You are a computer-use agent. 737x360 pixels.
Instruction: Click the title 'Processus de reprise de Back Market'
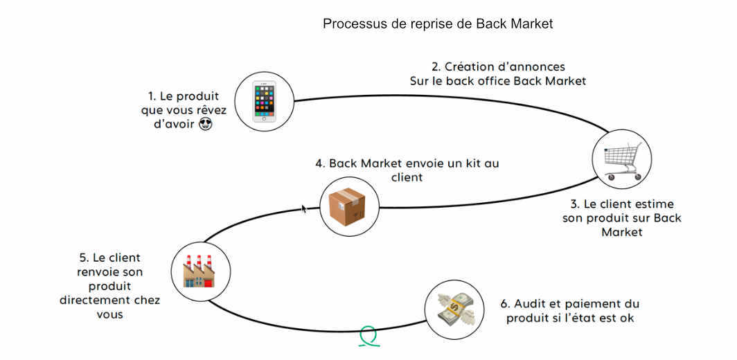click(438, 24)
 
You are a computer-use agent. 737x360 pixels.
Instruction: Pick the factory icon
click(199, 270)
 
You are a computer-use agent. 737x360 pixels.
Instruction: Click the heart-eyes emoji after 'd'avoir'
click(205, 125)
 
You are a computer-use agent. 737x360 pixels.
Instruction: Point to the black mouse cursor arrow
click(304, 208)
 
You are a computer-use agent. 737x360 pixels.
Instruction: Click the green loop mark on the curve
click(368, 336)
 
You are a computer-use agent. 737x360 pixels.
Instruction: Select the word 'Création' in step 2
click(472, 67)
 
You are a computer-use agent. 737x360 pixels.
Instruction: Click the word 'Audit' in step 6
click(532, 304)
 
